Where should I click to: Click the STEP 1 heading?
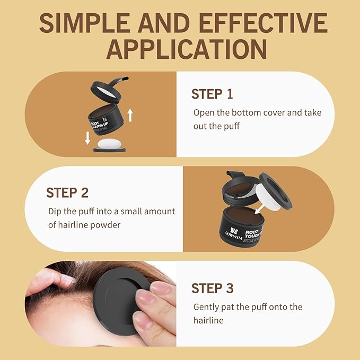click(x=212, y=94)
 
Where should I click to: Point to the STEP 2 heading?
click(x=67, y=192)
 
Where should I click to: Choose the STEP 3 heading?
click(x=212, y=288)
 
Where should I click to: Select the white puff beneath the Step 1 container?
click(x=111, y=143)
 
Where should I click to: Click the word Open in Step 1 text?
click(x=203, y=112)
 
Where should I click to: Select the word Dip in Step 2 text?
click(x=55, y=211)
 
